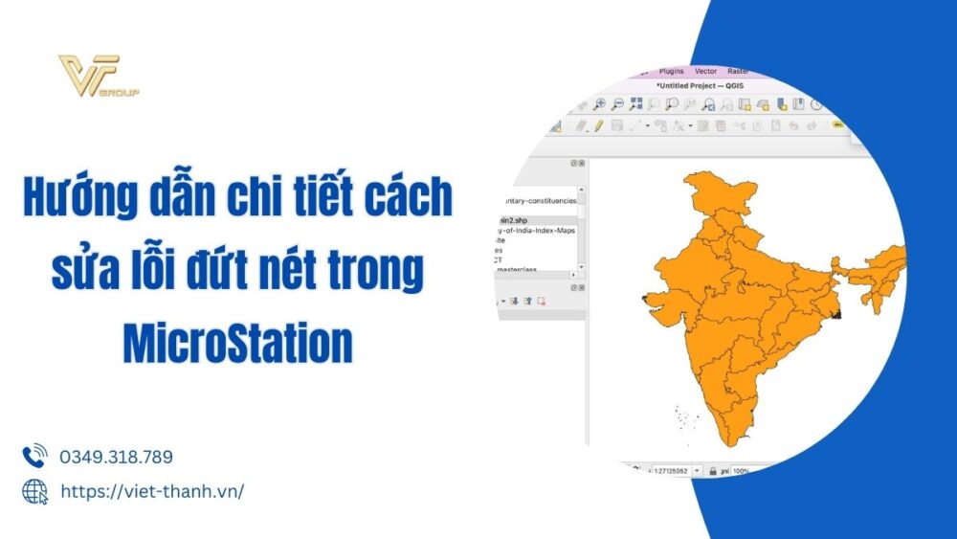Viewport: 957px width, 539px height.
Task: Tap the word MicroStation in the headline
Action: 237,345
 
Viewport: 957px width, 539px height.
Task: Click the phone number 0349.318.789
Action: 116,457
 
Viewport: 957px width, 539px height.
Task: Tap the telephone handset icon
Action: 35,456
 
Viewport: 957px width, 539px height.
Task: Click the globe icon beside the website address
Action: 35,491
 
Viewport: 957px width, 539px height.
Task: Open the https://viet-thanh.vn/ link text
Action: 152,491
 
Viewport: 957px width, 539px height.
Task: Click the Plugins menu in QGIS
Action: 672,71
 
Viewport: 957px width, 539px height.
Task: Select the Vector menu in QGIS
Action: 706,71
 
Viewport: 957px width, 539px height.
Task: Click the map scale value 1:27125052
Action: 673,471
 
